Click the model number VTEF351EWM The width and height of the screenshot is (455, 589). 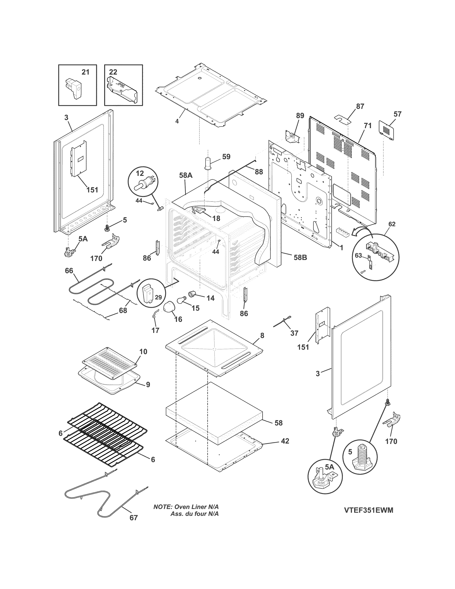pos(368,510)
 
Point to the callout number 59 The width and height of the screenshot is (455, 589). pos(226,157)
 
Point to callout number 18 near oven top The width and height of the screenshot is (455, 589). pos(216,218)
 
